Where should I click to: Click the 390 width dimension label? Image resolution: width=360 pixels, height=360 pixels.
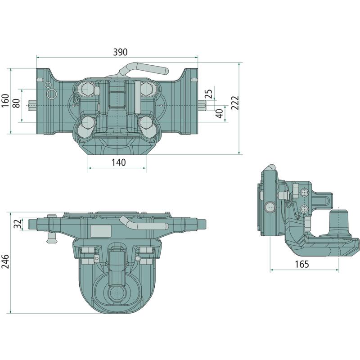[x=120, y=52]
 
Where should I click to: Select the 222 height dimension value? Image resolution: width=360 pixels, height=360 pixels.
[x=235, y=103]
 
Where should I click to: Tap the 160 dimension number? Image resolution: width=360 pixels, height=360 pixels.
[x=5, y=100]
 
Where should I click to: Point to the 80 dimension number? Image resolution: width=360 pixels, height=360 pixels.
[x=16, y=103]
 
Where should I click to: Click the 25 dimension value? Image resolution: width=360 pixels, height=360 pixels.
[x=209, y=94]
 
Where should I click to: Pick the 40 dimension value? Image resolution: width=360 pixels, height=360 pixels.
[x=220, y=114]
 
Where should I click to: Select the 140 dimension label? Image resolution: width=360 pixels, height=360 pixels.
[x=119, y=162]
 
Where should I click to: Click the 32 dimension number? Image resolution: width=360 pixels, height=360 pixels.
[x=18, y=224]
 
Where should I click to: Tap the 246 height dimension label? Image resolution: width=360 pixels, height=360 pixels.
[x=5, y=261]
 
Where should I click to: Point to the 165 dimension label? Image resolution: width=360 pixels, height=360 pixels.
[x=301, y=264]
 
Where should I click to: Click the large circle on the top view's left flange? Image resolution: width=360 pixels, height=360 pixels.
[x=52, y=94]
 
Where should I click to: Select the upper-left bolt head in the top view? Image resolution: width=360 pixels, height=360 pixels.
[x=87, y=88]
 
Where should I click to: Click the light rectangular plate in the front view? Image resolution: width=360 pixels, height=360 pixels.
[x=101, y=231]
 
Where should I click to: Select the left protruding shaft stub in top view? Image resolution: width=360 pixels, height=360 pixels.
[x=32, y=105]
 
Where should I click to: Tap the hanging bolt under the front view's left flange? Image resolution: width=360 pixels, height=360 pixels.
[x=51, y=238]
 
